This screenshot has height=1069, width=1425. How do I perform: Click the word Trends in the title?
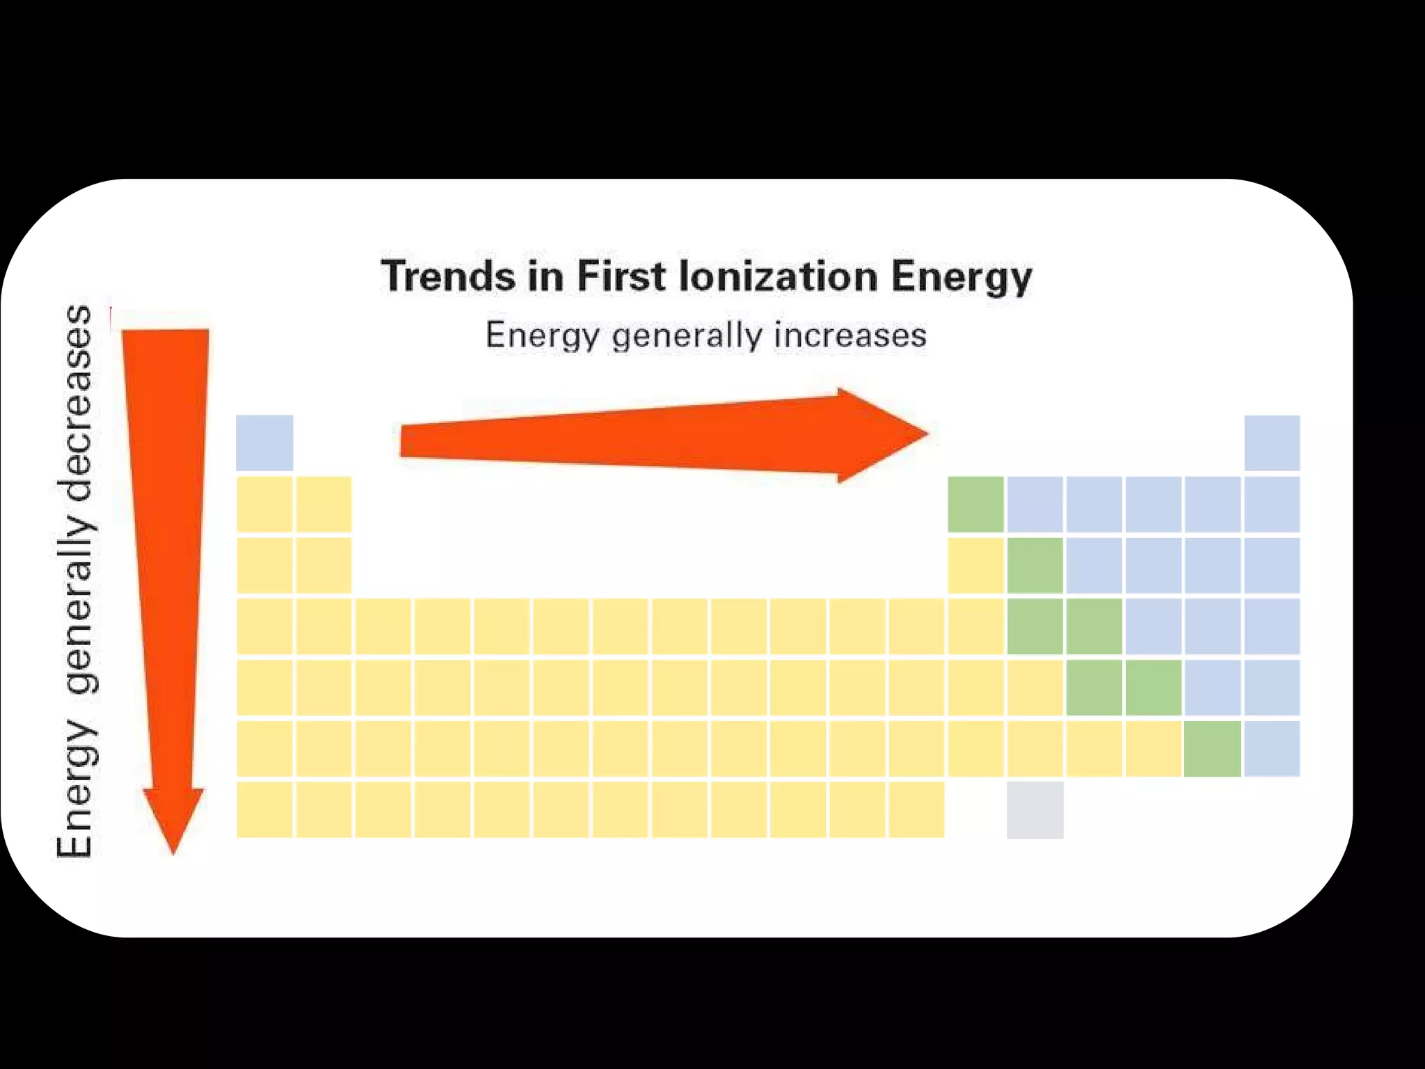click(449, 276)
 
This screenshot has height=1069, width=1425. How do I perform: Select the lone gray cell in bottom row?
click(1035, 809)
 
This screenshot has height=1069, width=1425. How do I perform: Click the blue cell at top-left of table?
click(264, 443)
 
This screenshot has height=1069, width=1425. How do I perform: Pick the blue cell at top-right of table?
click(1271, 443)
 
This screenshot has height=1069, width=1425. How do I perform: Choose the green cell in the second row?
click(976, 504)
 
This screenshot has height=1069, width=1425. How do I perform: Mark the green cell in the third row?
click(1035, 565)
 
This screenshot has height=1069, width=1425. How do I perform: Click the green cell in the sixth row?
click(1212, 748)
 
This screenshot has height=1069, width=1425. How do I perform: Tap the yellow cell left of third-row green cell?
click(976, 565)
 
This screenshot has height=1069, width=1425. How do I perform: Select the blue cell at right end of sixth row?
click(1271, 748)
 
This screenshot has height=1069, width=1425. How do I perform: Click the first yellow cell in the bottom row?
click(264, 809)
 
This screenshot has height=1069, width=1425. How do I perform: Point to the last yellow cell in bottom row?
click(916, 809)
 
